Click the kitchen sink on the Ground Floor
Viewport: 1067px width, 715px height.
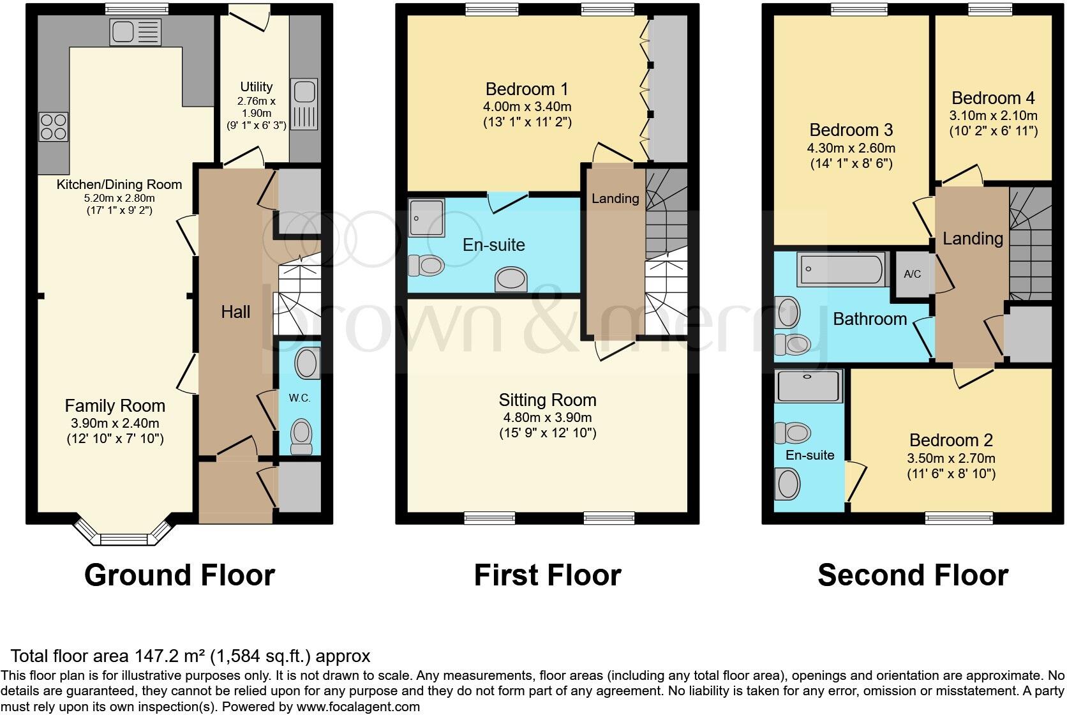point(135,32)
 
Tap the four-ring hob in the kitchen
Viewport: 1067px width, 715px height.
point(54,126)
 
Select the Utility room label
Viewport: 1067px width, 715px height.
point(257,87)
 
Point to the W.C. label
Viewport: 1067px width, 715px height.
point(299,398)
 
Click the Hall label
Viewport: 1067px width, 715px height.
point(235,312)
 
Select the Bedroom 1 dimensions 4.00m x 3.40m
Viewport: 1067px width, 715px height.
point(527,107)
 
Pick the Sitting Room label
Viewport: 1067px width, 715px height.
point(548,400)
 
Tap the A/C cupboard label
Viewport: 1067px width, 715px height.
point(913,275)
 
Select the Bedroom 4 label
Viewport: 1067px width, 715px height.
point(993,98)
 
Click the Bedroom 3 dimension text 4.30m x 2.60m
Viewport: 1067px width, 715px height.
point(851,148)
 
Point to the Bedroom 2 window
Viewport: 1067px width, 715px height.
point(959,518)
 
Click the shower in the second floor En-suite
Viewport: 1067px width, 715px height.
point(809,385)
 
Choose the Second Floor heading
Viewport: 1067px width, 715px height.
point(913,575)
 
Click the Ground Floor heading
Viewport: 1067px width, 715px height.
point(179,575)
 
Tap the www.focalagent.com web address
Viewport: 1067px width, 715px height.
point(358,707)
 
